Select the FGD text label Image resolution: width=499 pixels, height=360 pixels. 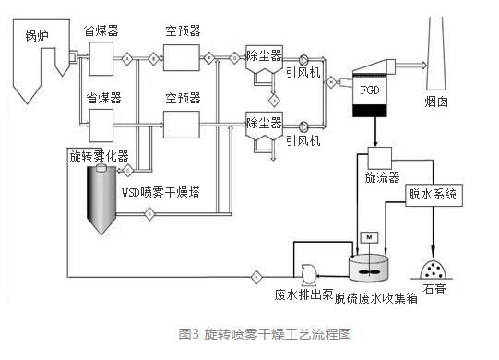click(367, 93)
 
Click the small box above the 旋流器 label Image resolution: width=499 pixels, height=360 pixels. click(380, 156)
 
